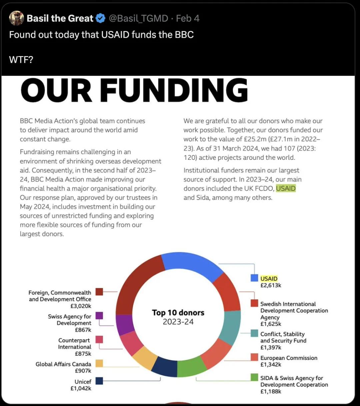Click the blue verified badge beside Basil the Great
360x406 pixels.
(100, 18)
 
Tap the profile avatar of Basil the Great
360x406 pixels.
(16, 18)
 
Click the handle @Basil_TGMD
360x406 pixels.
(138, 18)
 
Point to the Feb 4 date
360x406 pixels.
(188, 18)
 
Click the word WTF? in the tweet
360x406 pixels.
(21, 60)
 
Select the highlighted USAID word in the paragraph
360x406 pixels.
(286, 188)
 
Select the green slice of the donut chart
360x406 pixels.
(191, 366)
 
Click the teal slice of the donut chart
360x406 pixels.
(230, 327)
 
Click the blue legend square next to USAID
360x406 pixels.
(254, 278)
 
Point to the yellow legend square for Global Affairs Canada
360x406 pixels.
(99, 363)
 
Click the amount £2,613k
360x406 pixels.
(271, 286)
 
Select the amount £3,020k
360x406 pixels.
(81, 306)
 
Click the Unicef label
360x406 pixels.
(83, 382)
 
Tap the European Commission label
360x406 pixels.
(289, 358)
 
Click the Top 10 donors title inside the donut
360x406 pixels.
(178, 313)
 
